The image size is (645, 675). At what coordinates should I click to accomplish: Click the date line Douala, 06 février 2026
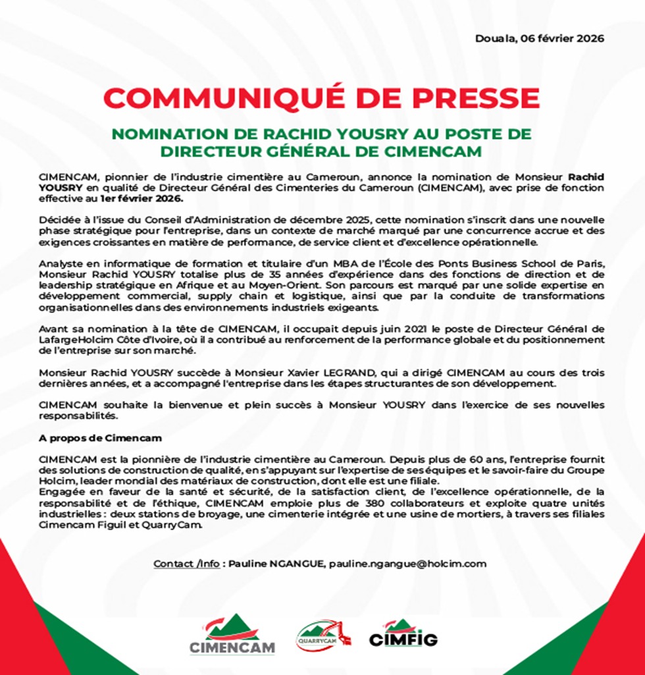[x=539, y=38]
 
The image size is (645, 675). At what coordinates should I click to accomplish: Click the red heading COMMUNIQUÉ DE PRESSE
[x=322, y=98]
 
